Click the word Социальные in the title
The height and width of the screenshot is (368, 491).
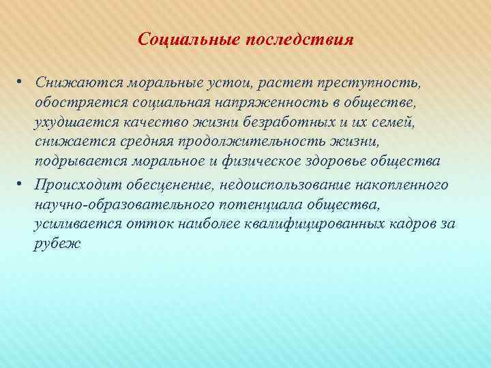[179, 39]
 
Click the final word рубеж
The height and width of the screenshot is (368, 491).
[57, 244]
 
